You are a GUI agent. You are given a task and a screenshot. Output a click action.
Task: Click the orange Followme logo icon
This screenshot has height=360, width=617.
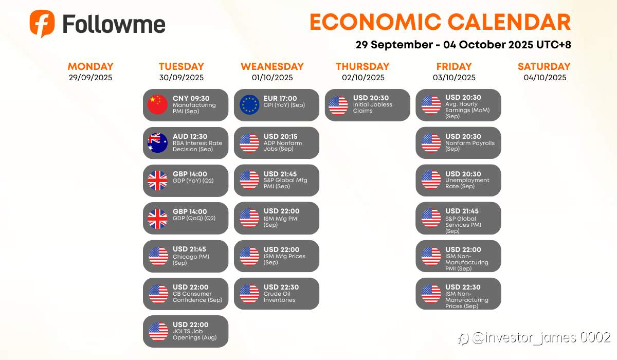click(42, 24)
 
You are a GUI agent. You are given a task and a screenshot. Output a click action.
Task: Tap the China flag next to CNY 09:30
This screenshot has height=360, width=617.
click(157, 105)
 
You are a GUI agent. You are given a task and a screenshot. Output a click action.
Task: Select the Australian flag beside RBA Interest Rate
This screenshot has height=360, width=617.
click(157, 142)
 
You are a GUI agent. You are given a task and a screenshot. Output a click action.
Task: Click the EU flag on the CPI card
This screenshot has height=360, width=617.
click(249, 105)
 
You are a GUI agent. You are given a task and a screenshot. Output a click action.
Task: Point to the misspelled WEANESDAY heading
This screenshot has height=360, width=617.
click(272, 66)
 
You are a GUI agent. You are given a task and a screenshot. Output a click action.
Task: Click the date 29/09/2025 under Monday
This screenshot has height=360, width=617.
click(90, 77)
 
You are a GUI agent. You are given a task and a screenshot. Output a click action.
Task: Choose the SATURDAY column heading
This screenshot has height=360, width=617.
click(544, 66)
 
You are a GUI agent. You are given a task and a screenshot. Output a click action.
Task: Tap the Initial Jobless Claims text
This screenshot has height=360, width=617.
click(372, 107)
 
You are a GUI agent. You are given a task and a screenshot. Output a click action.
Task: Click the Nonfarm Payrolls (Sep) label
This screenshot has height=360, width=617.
click(470, 146)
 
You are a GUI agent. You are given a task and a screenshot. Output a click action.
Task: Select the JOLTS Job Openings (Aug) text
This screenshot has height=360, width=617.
click(194, 334)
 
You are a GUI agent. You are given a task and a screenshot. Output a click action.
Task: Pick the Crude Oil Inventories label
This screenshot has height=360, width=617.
click(279, 297)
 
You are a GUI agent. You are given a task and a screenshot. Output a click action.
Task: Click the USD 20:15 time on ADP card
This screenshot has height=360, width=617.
click(280, 136)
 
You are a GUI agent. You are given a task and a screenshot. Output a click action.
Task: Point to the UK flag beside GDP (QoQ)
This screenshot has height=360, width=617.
click(157, 219)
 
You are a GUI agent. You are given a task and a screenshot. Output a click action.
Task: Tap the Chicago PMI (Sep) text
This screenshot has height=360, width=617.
click(191, 260)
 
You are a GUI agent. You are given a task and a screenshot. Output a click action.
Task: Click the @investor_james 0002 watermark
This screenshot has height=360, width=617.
click(534, 338)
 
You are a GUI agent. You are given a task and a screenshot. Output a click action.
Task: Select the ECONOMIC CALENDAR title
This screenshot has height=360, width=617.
click(440, 22)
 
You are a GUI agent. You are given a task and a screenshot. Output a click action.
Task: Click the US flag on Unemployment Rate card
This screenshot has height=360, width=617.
click(431, 179)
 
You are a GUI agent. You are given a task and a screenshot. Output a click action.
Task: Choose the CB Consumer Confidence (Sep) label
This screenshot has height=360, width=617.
click(197, 297)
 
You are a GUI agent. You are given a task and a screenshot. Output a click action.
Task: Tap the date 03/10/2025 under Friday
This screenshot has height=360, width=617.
click(454, 77)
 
